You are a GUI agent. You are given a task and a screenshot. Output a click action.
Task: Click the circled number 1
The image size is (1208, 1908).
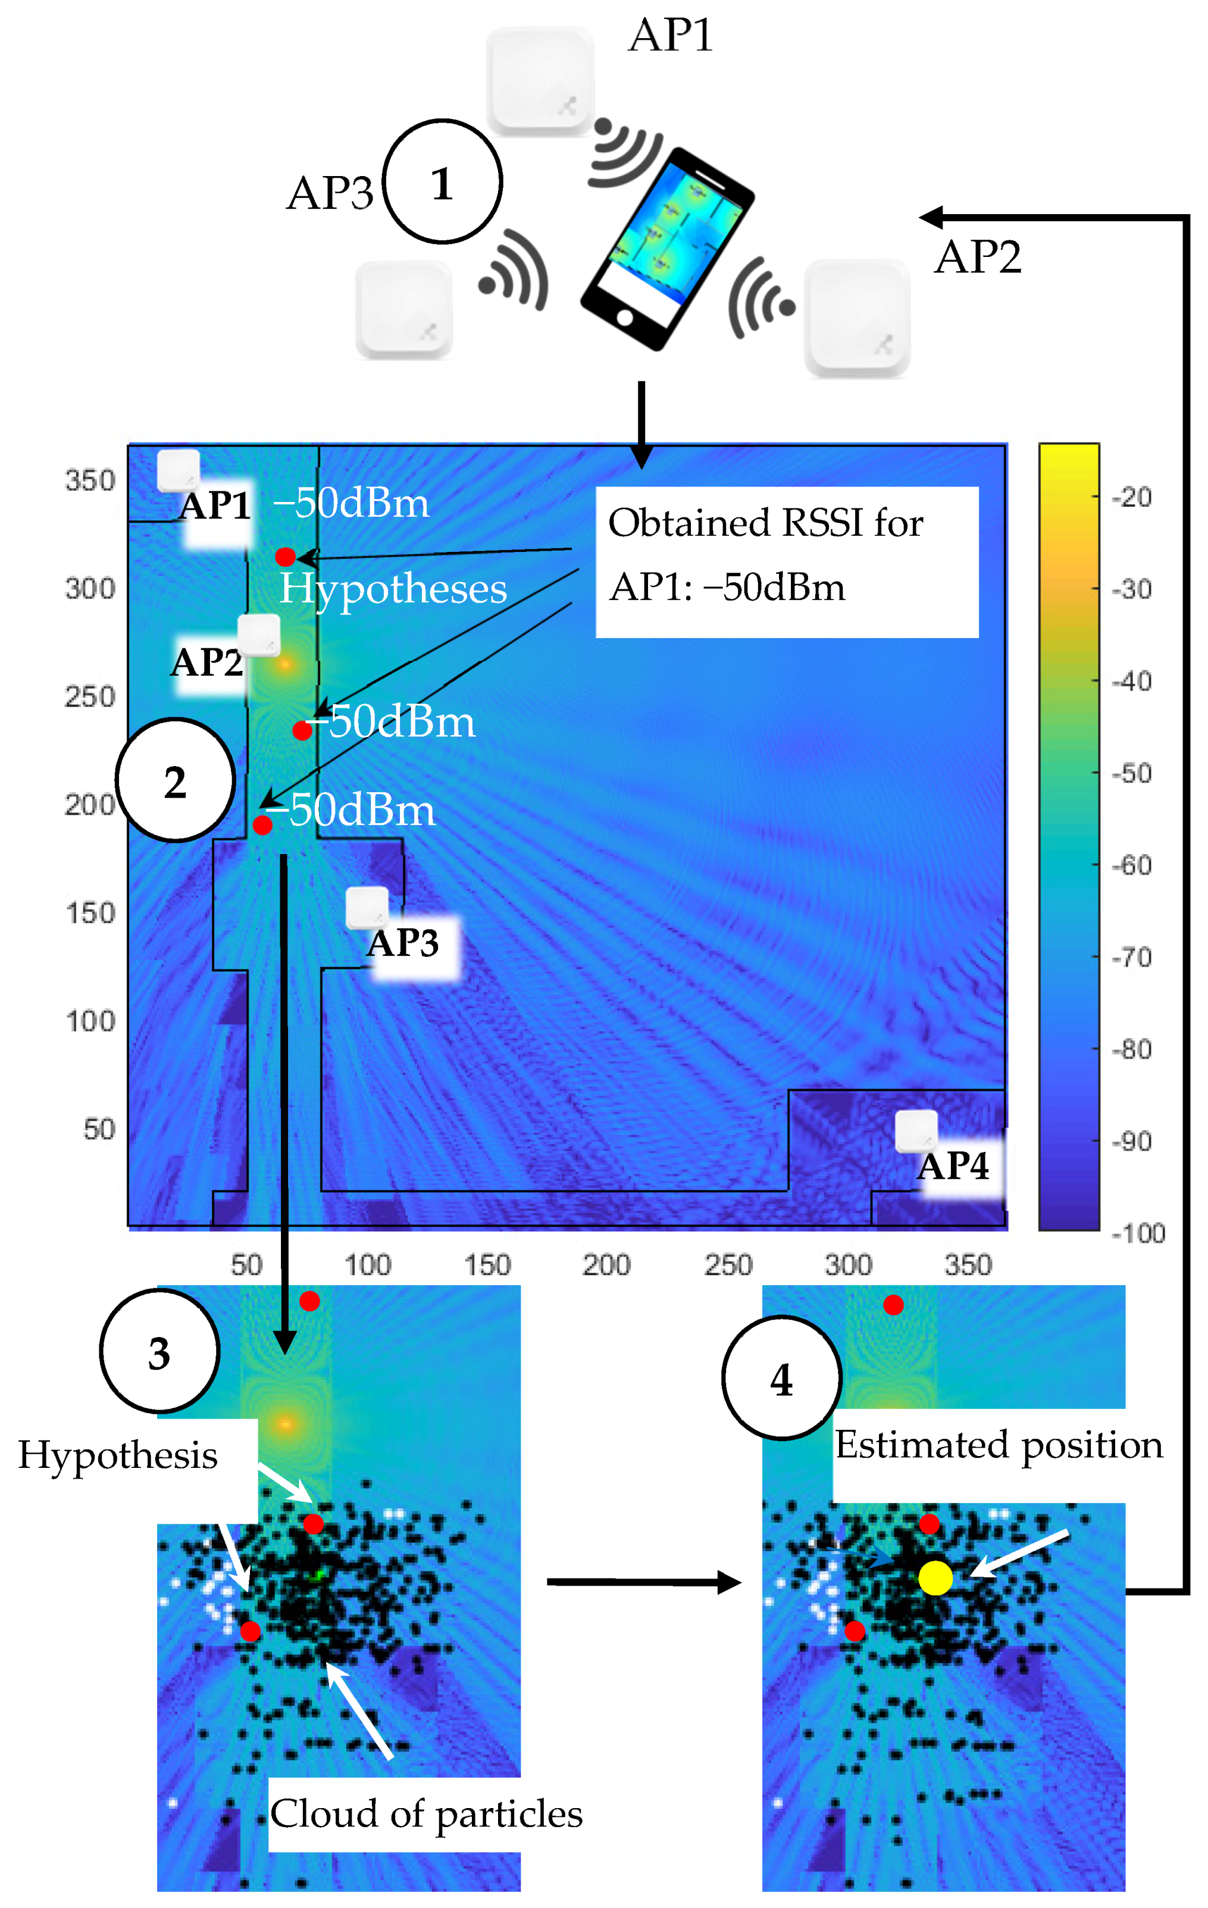pos(442,182)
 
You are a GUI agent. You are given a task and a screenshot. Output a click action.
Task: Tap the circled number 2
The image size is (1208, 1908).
pos(175,780)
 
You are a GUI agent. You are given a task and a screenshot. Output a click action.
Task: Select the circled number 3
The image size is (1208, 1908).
pos(159,1352)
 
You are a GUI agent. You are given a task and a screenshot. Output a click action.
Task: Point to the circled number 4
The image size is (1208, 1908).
pos(781,1379)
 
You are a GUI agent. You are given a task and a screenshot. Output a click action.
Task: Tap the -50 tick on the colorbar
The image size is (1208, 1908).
pos(1131,773)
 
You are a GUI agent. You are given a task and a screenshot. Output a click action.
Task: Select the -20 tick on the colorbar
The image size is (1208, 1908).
pos(1131,497)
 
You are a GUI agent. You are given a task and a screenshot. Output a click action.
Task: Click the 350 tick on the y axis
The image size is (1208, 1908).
pos(90,480)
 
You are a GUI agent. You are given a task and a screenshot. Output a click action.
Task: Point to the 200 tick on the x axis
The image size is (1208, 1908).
pos(606,1264)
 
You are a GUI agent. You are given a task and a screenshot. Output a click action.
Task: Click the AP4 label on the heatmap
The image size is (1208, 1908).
pos(953,1166)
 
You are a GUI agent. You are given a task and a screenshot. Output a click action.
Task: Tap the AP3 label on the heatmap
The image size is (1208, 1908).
pos(403,943)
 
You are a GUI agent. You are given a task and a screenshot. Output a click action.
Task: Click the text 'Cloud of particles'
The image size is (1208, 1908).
pos(427,1813)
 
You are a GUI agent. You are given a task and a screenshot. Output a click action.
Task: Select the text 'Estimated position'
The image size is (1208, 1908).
pos(999,1445)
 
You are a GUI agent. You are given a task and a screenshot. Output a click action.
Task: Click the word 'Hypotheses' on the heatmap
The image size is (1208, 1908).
pos(393,589)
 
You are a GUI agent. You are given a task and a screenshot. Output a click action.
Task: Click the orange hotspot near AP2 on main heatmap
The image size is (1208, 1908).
pos(284,663)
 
